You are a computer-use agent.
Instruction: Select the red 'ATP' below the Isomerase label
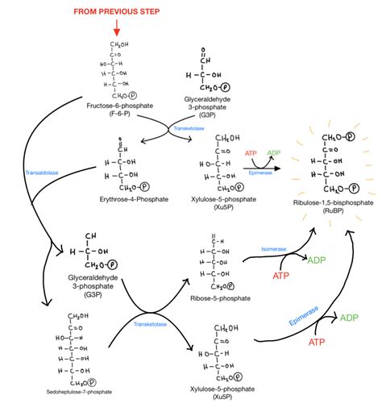click(x=280, y=277)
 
